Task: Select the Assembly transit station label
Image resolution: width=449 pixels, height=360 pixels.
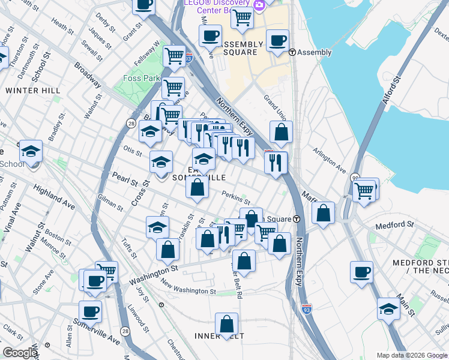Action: click(x=314, y=52)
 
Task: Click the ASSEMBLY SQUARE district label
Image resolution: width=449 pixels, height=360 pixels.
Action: click(x=242, y=48)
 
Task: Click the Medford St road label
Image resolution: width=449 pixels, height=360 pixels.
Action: click(x=394, y=226)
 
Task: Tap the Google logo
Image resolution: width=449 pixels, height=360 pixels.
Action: click(x=20, y=353)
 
